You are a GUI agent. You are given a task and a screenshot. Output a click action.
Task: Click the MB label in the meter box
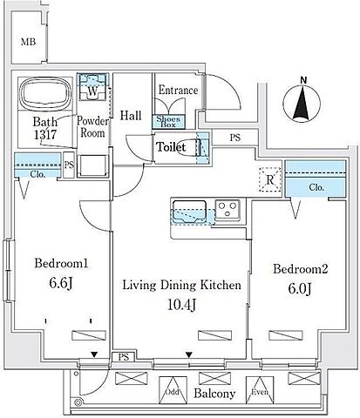coord(29,42)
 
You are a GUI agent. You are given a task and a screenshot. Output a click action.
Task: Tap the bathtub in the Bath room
coord(45,93)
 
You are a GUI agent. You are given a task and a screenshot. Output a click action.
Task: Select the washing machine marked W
coord(92,87)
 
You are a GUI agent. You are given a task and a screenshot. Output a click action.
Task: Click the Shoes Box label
coord(168,122)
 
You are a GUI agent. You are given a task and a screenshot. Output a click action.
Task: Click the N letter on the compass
coord(303,80)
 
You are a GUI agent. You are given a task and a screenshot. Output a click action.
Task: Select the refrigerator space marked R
coord(270,179)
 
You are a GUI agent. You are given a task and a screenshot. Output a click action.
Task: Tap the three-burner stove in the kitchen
coord(228,210)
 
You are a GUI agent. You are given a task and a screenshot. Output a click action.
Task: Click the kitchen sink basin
coord(189,212)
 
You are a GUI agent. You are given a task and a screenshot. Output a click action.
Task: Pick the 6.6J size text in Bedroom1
coord(61,283)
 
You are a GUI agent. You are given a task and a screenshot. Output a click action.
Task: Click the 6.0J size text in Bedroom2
coord(300,288)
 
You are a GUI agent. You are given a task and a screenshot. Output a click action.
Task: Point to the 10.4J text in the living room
coord(181,305)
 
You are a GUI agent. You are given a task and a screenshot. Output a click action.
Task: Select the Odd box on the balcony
coord(173,390)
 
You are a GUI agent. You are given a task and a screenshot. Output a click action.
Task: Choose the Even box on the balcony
coord(260,390)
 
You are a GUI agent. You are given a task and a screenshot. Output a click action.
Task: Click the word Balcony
coord(214,394)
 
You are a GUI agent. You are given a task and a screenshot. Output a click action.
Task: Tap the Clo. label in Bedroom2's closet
coord(316,187)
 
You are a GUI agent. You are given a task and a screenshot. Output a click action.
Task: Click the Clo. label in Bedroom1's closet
coord(37,174)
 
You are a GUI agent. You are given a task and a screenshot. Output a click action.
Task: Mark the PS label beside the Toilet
coord(235,138)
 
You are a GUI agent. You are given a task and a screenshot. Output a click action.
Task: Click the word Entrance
coord(178,91)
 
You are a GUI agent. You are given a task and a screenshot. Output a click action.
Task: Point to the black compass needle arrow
coord(301,104)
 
